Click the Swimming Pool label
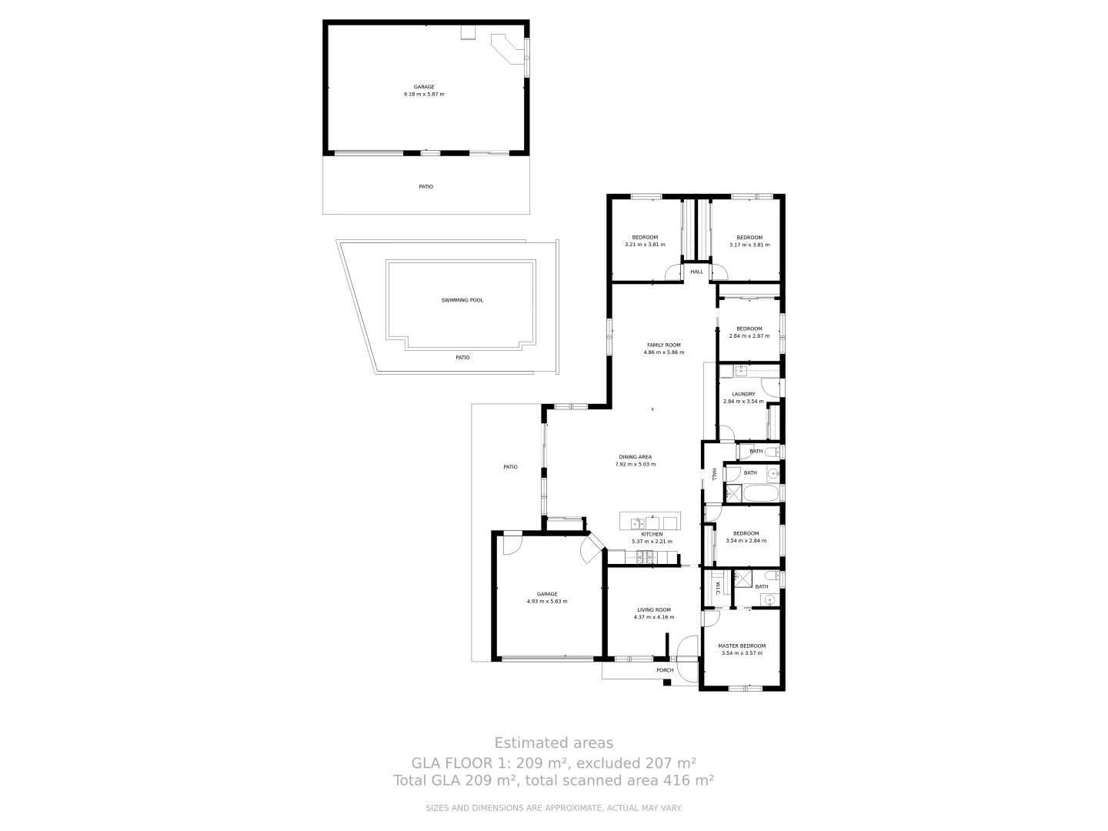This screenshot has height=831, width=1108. (x=462, y=300)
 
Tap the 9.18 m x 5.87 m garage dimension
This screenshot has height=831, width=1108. (x=424, y=95)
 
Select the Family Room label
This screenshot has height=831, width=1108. (x=663, y=345)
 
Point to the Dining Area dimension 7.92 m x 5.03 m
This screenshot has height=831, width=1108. (x=635, y=465)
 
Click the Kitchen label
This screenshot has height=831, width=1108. (x=652, y=534)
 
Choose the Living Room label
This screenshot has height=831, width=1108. (x=653, y=609)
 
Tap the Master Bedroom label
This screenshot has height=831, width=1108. (x=742, y=646)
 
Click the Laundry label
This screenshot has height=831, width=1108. (x=743, y=394)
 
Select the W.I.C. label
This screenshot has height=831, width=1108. (x=717, y=588)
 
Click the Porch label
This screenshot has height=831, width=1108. (x=665, y=670)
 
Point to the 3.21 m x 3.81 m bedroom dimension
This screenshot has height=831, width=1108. (x=645, y=245)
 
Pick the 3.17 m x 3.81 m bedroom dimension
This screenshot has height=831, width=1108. (x=749, y=245)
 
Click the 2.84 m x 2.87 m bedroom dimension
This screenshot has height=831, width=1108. (x=749, y=336)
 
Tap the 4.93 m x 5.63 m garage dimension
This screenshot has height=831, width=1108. (x=547, y=601)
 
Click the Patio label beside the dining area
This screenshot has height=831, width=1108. (x=510, y=467)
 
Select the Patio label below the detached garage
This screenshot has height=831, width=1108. (x=426, y=186)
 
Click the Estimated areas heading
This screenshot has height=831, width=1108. (x=553, y=743)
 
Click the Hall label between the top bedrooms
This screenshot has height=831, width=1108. (x=696, y=272)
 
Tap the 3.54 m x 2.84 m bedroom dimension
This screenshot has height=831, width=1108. (x=746, y=541)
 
